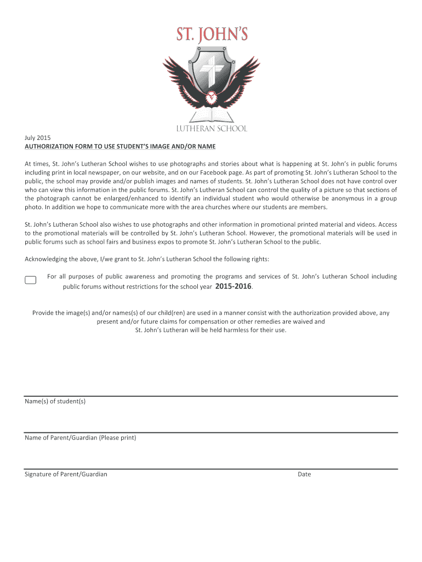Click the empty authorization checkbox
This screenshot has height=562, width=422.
coord(31,280)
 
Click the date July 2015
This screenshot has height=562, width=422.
coord(37,138)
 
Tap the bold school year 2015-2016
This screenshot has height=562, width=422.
coord(234,286)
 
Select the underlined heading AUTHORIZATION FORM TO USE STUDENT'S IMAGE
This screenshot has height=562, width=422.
coord(120,147)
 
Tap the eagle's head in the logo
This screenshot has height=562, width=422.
coord(211,99)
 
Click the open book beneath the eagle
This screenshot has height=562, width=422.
coord(211,117)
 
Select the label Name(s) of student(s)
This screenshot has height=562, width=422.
coord(55,401)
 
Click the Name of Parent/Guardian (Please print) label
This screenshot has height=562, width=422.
coord(80,437)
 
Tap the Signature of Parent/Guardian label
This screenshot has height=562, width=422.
coord(66,474)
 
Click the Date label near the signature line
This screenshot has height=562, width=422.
coord(304,474)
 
